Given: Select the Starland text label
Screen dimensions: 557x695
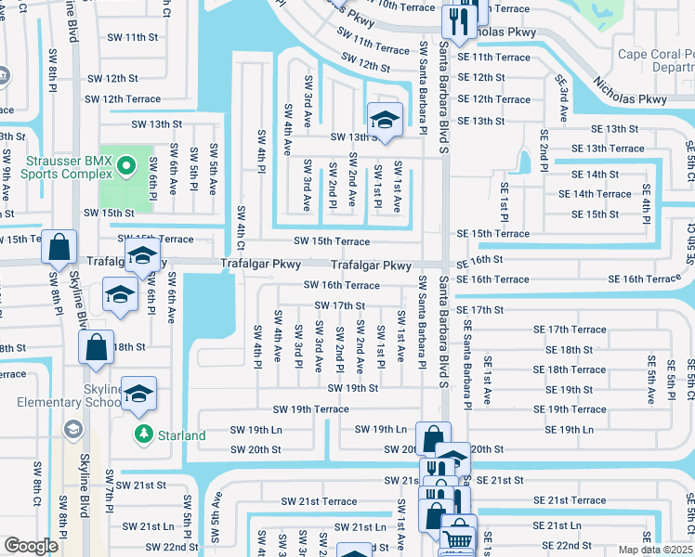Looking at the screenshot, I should click(x=181, y=435).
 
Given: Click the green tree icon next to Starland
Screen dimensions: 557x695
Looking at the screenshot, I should click(x=144, y=434).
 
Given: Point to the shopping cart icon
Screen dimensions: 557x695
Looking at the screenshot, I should click(x=456, y=540).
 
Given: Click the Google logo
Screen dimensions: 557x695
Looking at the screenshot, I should click(x=31, y=546).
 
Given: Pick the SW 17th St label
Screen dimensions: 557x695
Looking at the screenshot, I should click(x=339, y=305).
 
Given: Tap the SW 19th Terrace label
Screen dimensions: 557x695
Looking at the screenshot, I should click(x=310, y=409).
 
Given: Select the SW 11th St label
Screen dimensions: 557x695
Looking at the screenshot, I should click(x=133, y=37).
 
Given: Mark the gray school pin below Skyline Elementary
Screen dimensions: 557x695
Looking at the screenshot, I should click(x=72, y=428).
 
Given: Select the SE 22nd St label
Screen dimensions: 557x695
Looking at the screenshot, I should click(x=567, y=546).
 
